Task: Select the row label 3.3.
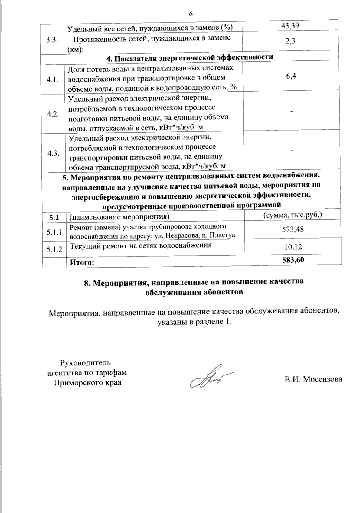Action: (53, 41)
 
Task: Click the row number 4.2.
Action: (53, 115)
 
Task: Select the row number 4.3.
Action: (53, 153)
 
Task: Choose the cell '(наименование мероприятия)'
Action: (119, 217)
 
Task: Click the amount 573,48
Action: (293, 230)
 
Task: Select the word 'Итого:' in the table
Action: (82, 262)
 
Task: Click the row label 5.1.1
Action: (54, 232)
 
